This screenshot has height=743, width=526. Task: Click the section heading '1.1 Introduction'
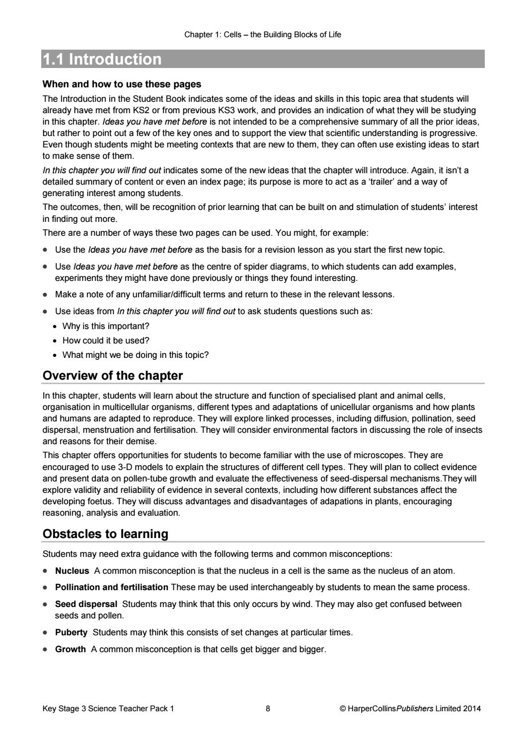click(102, 60)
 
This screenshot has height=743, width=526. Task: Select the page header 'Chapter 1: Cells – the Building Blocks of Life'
click(262, 35)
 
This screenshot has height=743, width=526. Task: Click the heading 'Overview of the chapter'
click(113, 376)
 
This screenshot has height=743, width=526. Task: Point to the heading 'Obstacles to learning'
click(105, 534)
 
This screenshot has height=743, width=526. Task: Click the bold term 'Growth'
click(70, 649)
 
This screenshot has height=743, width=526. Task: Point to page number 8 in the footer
click(268, 709)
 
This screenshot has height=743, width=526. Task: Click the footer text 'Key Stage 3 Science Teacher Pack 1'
click(108, 709)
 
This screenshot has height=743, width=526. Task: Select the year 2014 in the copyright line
click(471, 709)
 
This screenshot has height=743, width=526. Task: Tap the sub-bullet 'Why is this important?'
click(105, 327)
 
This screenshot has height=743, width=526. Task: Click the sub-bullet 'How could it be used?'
click(105, 341)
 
